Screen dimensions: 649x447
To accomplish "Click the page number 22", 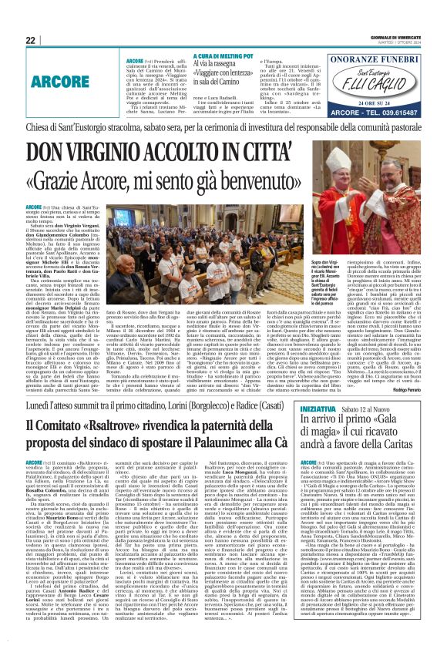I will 30,39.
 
